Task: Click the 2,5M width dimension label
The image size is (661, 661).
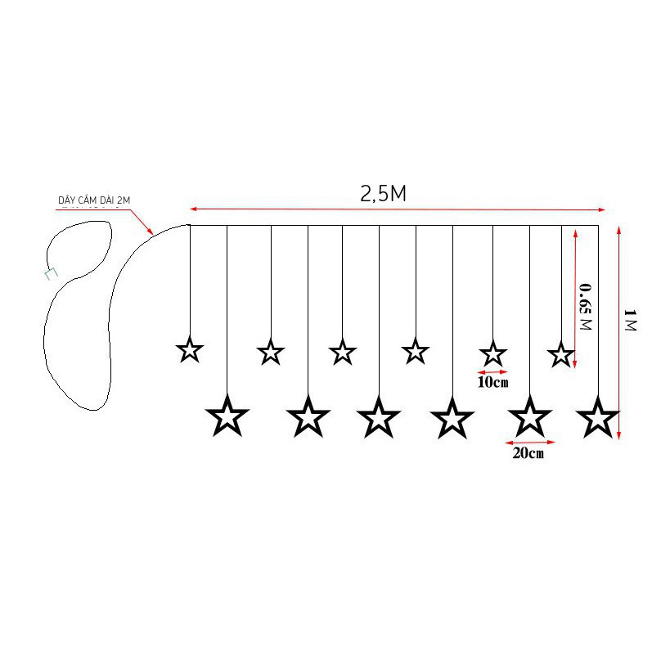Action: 383,194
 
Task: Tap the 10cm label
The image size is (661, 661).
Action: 492,382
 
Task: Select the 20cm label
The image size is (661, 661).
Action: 528,452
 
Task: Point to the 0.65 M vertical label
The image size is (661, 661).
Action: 586,307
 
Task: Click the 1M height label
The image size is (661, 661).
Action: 630,320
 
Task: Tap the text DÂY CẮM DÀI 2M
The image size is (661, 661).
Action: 94,200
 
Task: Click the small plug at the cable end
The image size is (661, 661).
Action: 51,274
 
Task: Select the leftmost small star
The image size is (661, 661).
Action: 190,349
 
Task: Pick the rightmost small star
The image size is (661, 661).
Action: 561,354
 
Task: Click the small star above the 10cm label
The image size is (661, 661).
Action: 492,353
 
